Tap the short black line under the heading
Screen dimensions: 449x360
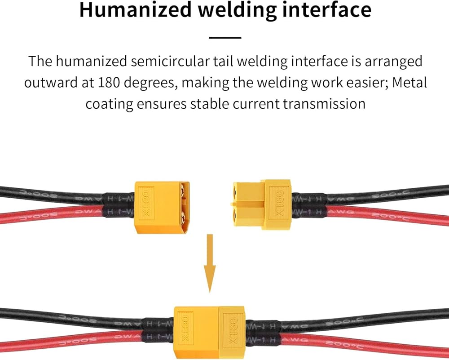click(x=225, y=38)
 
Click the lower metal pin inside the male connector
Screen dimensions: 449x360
click(x=184, y=220)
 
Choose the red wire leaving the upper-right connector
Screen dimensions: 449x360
click(x=382, y=215)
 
